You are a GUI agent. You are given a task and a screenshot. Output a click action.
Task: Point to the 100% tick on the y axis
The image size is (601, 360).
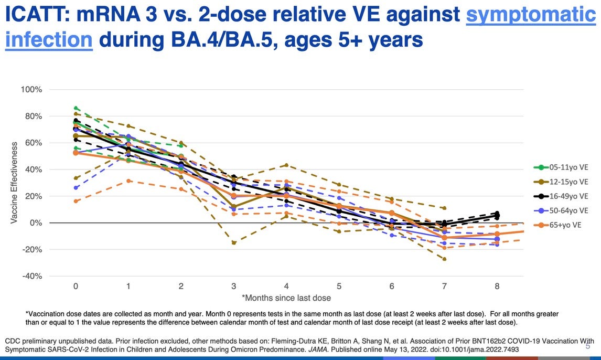tap(31, 90)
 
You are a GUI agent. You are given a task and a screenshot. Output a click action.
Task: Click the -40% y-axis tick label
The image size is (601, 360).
tap(31, 276)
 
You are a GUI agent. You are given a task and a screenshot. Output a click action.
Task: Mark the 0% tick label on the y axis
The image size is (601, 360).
tap(35, 223)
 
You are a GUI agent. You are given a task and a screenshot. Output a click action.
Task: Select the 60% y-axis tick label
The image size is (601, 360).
tap(33, 143)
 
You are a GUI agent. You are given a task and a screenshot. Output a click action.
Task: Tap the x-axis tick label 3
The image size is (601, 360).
tap(233, 287)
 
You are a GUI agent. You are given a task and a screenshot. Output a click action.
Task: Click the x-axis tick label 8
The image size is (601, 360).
tap(497, 287)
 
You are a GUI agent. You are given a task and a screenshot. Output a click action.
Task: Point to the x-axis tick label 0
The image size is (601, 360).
tap(76, 287)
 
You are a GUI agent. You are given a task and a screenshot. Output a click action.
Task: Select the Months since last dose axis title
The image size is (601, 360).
tap(286, 298)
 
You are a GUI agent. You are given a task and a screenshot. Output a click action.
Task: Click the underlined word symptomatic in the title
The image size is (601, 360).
tap(531, 15)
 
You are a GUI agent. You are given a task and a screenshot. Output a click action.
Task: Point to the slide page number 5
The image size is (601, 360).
tap(588, 347)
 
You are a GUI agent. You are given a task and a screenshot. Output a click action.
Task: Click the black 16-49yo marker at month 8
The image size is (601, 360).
tap(497, 216)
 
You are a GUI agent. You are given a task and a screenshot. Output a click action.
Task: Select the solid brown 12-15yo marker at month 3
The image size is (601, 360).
tap(233, 207)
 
